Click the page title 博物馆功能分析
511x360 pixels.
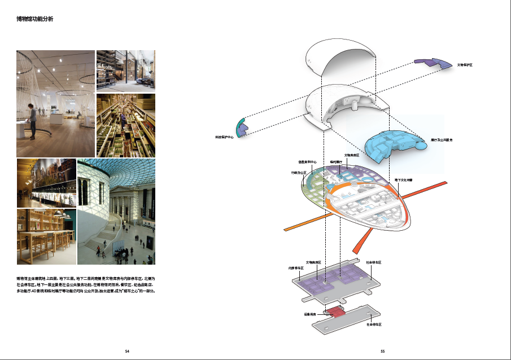(35, 19)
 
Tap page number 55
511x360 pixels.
(383, 351)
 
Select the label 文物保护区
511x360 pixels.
(465, 65)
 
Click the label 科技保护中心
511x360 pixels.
(224, 137)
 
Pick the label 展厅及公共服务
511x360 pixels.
(441, 139)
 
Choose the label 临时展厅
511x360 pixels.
(336, 161)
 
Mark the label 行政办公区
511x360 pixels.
(298, 173)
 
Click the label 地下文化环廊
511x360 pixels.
(403, 179)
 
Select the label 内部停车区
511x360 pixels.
(296, 267)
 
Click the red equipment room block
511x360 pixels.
(335, 311)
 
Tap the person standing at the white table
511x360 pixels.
(33, 121)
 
